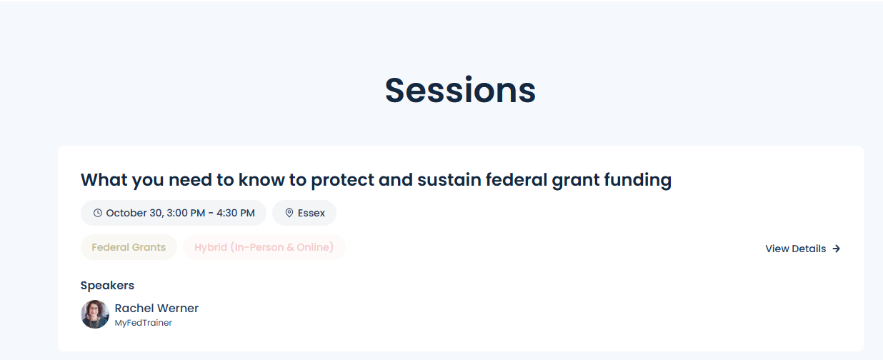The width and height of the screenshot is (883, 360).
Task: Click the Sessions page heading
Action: point(460,90)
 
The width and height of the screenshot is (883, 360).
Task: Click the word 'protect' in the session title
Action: point(342,181)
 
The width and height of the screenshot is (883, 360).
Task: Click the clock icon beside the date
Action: point(98,213)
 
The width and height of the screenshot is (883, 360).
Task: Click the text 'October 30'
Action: point(133,213)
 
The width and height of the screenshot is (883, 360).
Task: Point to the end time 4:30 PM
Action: point(235,213)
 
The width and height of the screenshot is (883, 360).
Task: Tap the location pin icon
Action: point(289,213)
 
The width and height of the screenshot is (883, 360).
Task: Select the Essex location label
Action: point(311,213)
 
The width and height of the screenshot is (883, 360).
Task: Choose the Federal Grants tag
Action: point(129,247)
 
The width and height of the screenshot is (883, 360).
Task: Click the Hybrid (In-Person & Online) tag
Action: point(264,247)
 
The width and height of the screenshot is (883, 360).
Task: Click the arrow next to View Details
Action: point(836,249)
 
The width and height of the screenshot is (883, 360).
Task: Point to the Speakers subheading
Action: point(107,285)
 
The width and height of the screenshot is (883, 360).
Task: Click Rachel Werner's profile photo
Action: point(95,314)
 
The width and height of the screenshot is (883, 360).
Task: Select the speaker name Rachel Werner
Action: point(156,308)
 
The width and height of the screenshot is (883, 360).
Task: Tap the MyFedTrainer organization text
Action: point(143,323)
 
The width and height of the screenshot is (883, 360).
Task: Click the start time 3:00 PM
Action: point(186,213)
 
